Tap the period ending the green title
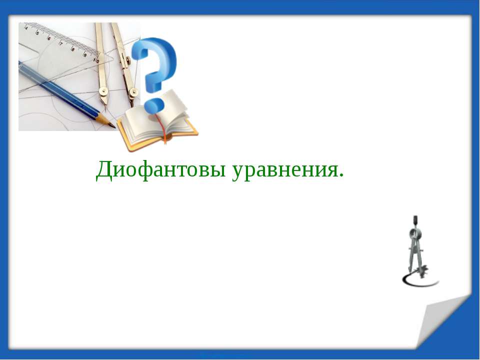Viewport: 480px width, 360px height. point(341,176)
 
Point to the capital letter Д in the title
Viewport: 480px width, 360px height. point(103,170)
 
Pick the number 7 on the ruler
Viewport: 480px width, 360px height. point(61,43)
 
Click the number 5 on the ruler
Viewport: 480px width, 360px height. point(37,32)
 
